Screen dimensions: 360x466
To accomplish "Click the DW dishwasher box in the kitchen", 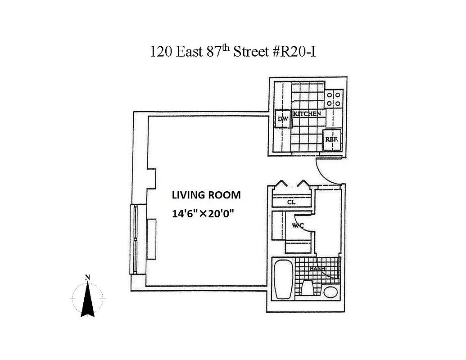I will click(x=283, y=119).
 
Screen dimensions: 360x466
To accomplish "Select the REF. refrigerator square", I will click(x=332, y=139).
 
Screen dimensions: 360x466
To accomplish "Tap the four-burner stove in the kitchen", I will click(x=335, y=99).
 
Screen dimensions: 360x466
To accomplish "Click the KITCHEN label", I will click(x=307, y=114).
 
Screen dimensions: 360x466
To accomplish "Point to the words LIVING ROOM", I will click(x=206, y=195).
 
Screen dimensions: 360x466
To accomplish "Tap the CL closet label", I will click(x=291, y=202).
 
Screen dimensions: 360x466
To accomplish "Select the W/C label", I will click(x=298, y=225).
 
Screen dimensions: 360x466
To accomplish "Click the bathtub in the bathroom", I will click(x=284, y=279).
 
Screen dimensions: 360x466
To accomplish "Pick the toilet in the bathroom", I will click(x=308, y=287).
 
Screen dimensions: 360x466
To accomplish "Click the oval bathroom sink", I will click(x=330, y=292).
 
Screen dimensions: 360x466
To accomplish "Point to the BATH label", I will click(x=317, y=269).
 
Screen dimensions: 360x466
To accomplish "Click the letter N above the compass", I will click(x=88, y=278).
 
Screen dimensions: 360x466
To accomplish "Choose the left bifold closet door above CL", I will click(x=282, y=184).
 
